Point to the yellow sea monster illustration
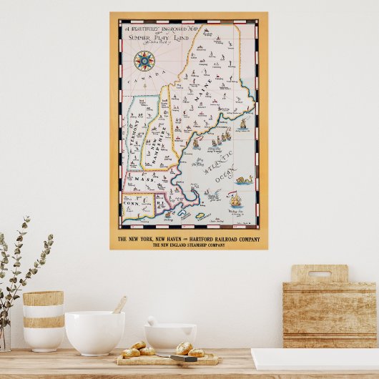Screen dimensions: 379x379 point(241,180)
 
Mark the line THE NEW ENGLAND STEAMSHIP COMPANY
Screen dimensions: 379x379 point(189,245)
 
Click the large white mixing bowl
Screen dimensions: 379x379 point(94,332)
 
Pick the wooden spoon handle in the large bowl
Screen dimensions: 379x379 point(119,305)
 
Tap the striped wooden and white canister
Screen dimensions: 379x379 point(43,320)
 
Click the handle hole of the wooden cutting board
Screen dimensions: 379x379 point(319,273)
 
